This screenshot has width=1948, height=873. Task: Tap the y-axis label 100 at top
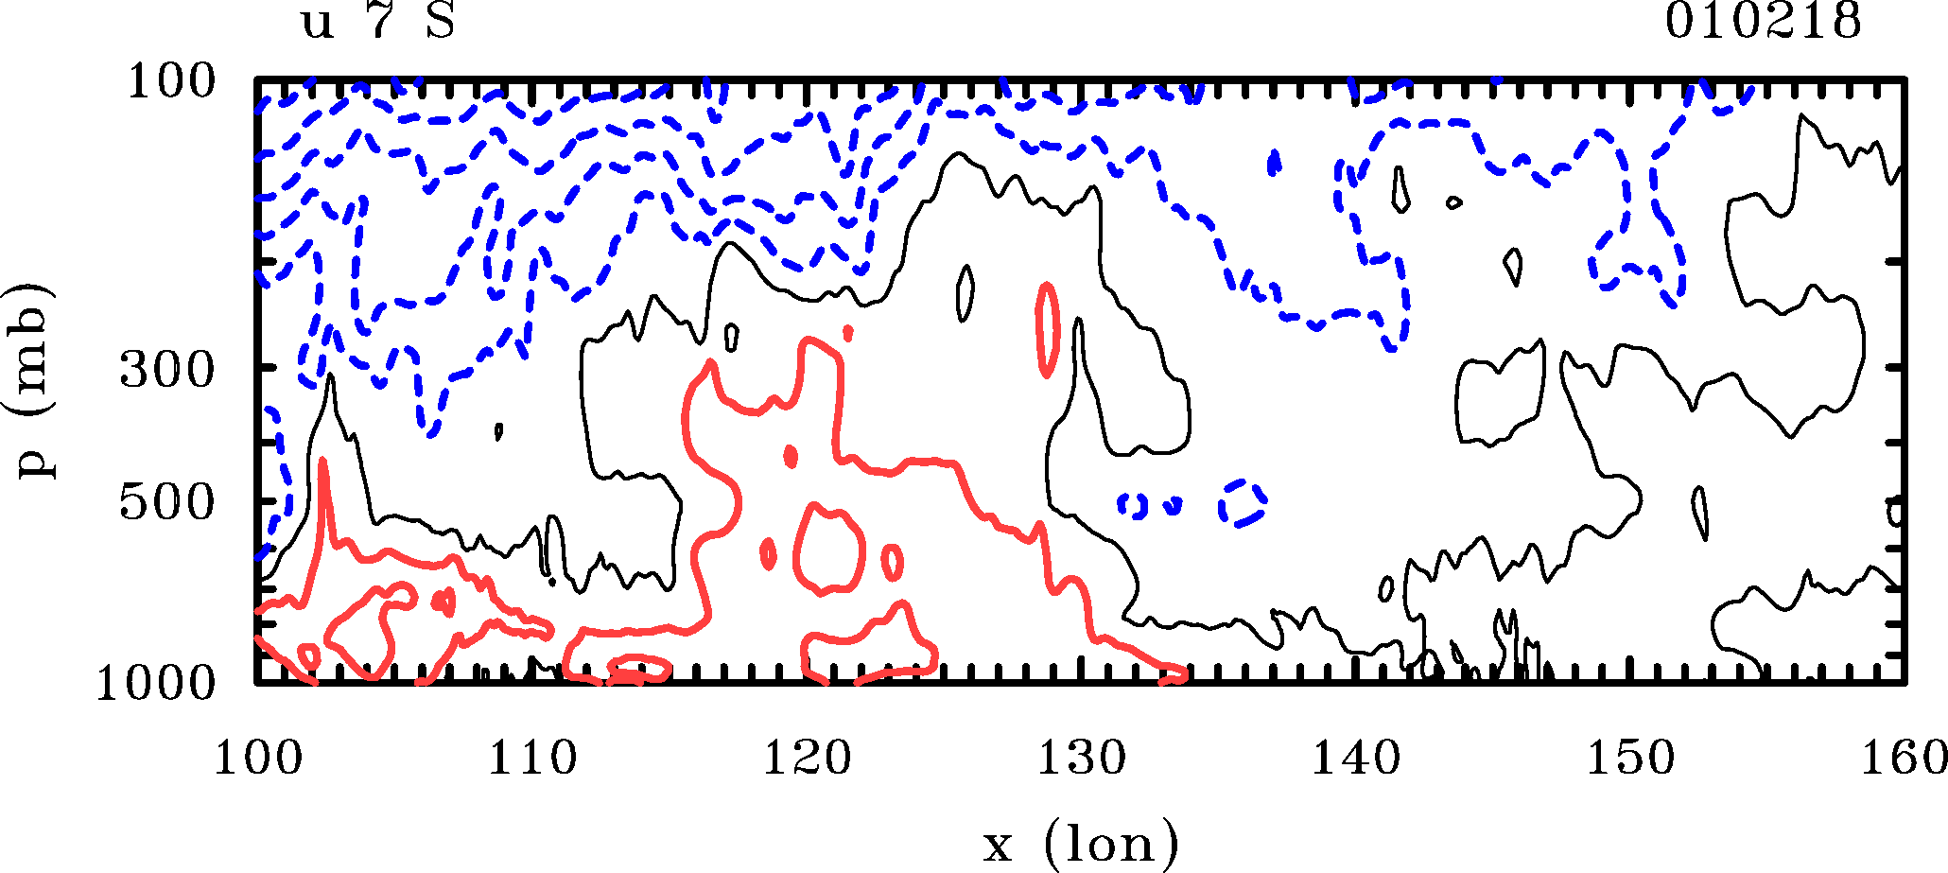[171, 82]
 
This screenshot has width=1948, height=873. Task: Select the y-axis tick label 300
[167, 371]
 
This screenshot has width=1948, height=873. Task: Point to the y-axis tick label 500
[167, 503]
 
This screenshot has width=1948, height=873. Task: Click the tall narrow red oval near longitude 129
[1047, 329]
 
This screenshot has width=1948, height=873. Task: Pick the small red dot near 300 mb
[848, 332]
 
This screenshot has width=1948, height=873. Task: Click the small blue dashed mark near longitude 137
[1274, 163]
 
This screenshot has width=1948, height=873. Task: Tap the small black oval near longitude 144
[1453, 202]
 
